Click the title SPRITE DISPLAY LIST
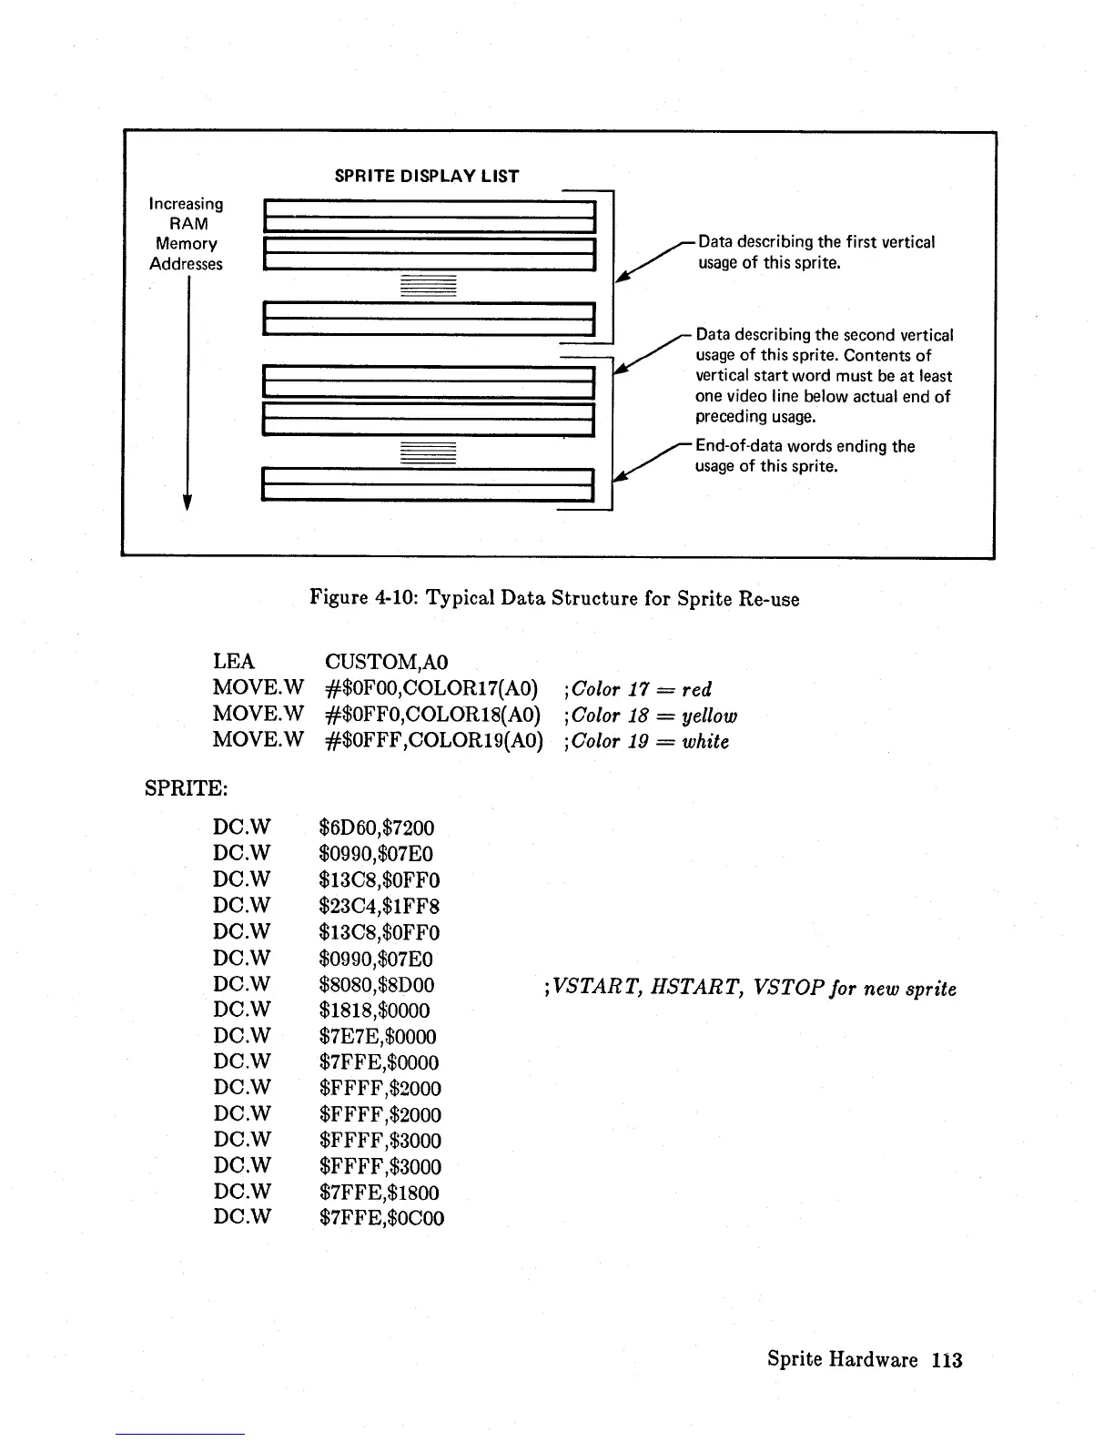(427, 177)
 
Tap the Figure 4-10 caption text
(554, 598)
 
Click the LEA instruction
(234, 662)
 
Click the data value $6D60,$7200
(377, 828)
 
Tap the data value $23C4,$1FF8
(380, 906)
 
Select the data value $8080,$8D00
(377, 984)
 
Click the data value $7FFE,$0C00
(381, 1218)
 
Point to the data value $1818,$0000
(374, 1010)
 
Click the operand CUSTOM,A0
(387, 662)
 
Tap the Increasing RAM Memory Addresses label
(187, 234)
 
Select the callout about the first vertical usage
(815, 252)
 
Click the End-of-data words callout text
(805, 456)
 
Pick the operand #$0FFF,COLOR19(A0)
(434, 741)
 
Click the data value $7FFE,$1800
(380, 1193)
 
